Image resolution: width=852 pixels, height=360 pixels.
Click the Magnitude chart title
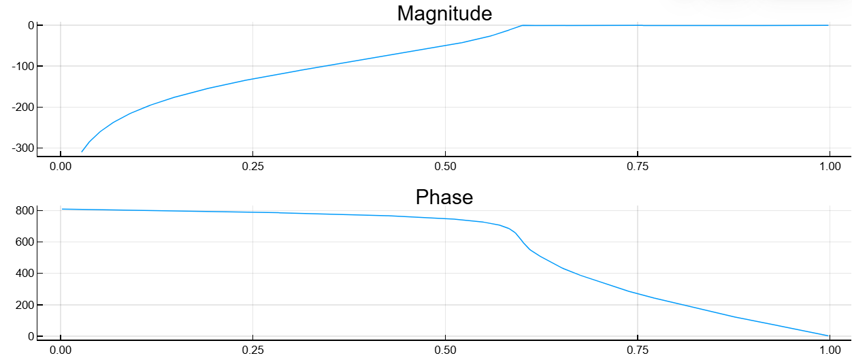point(444,13)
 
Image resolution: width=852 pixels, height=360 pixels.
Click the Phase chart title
point(444,197)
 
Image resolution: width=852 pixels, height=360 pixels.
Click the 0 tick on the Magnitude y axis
point(31,25)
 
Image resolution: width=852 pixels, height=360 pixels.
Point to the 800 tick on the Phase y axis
point(25,210)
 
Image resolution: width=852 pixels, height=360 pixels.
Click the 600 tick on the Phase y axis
point(25,242)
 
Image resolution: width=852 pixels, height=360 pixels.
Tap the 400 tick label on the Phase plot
point(25,273)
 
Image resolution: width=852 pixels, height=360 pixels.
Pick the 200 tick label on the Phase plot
point(25,305)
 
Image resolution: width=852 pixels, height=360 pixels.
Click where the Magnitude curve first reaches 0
point(522,25)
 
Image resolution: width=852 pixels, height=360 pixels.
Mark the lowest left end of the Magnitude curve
point(82,152)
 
